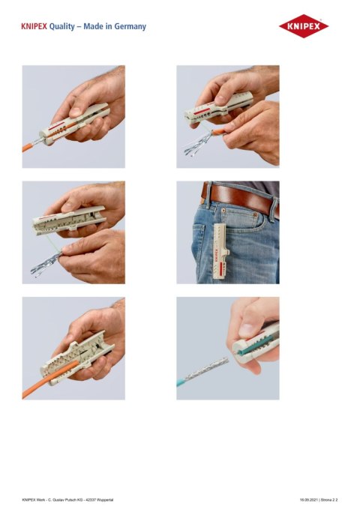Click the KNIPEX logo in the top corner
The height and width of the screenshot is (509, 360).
coord(304,27)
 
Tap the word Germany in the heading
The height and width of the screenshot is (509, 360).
coord(130,26)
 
